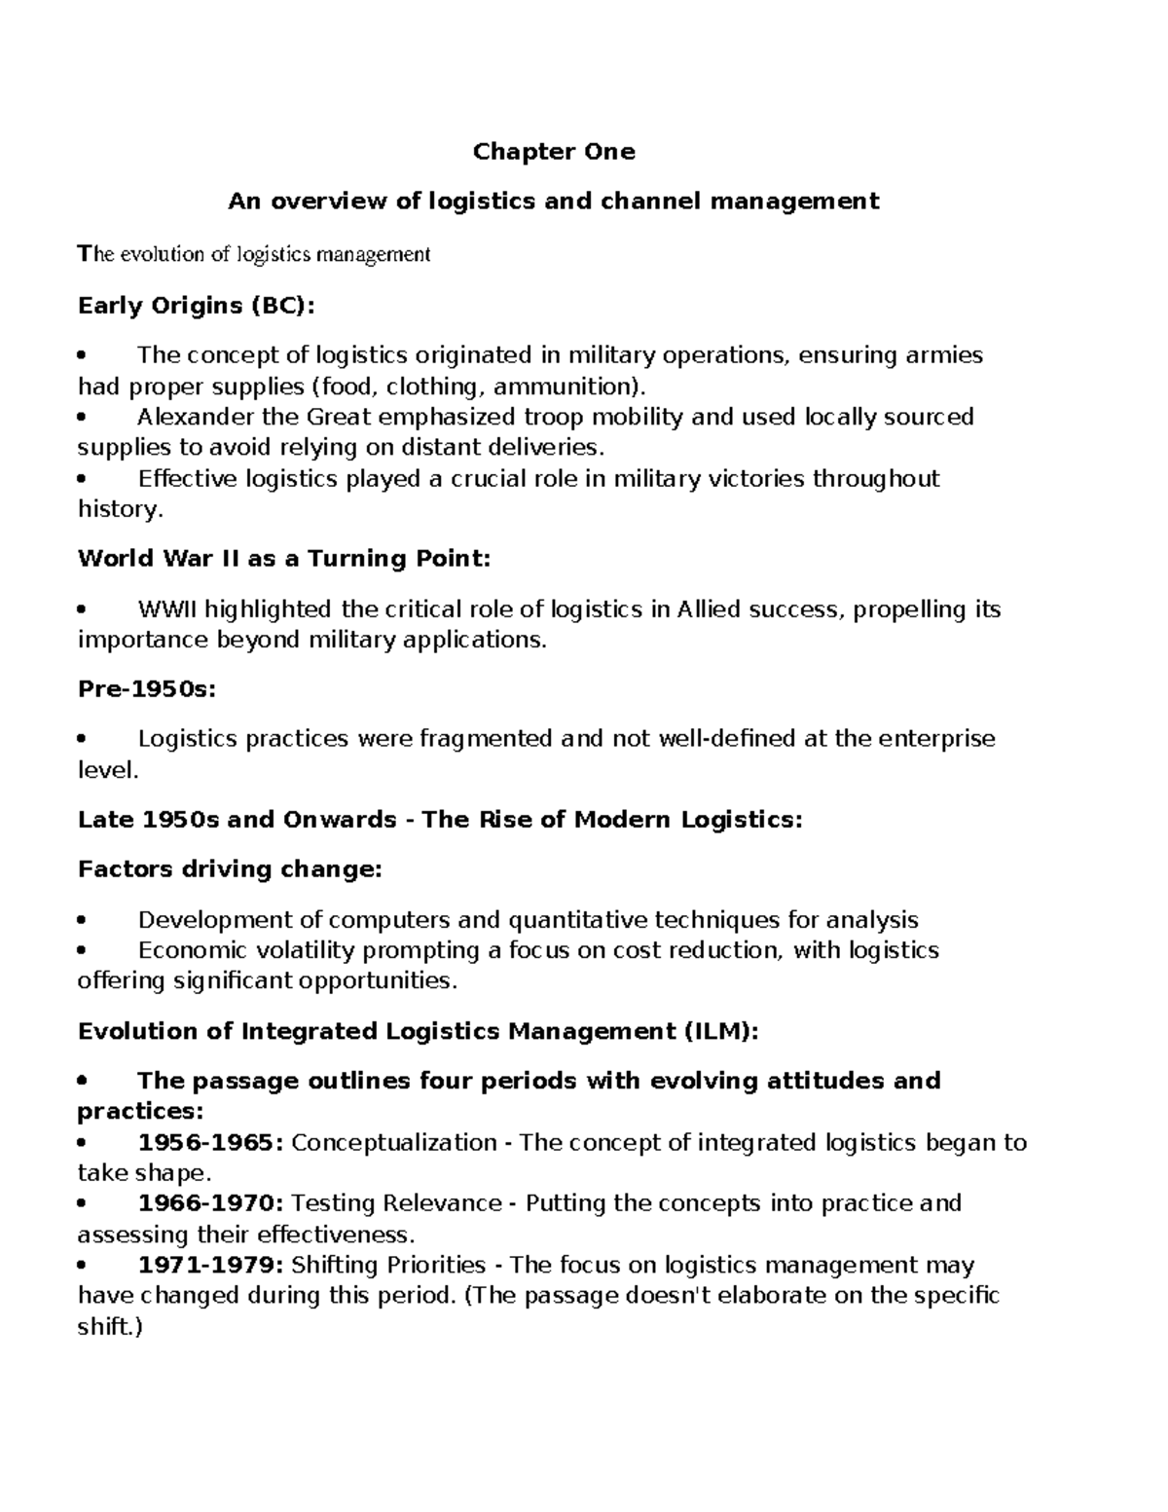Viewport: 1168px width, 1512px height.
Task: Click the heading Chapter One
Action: pyautogui.click(x=553, y=152)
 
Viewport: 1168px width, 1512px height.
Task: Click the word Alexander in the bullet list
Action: pyautogui.click(x=187, y=418)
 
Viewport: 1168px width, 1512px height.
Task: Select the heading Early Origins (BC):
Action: pyautogui.click(x=197, y=306)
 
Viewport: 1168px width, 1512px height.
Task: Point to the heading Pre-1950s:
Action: pyautogui.click(x=146, y=689)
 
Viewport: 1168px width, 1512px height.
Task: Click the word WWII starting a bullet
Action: pyautogui.click(x=167, y=609)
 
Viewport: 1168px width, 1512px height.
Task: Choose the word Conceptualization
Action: pyautogui.click(x=394, y=1142)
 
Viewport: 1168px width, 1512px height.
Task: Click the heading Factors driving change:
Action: pyautogui.click(x=230, y=869)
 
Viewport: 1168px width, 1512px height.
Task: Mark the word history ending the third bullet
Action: pyautogui.click(x=115, y=509)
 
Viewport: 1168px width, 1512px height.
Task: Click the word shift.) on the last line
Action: pyautogui.click(x=109, y=1326)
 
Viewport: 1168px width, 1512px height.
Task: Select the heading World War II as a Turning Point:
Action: pyautogui.click(x=284, y=559)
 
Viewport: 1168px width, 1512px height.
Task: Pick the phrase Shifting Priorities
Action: pyautogui.click(x=388, y=1265)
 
